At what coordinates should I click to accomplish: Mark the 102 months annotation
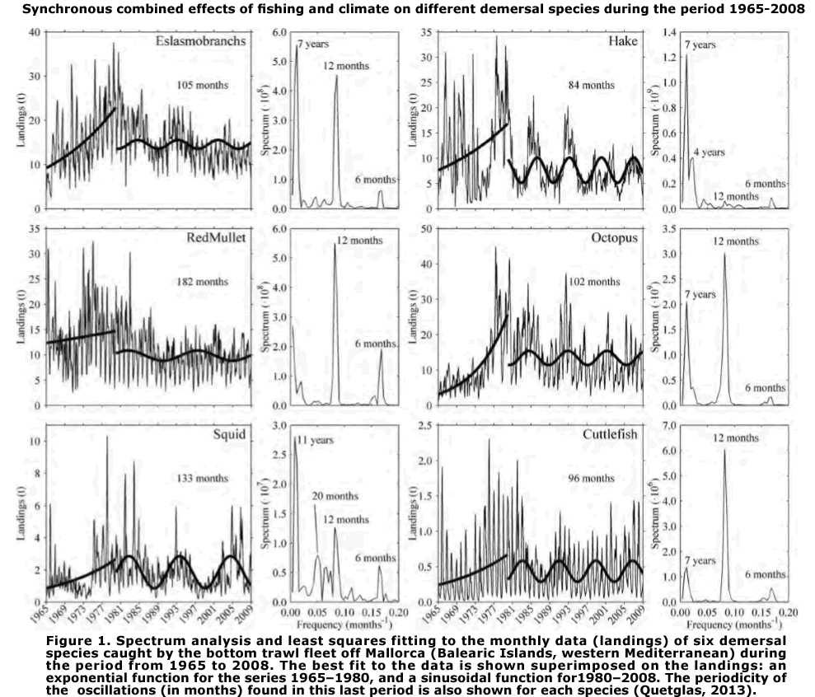[593, 282]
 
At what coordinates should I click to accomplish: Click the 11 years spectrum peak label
[316, 441]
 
